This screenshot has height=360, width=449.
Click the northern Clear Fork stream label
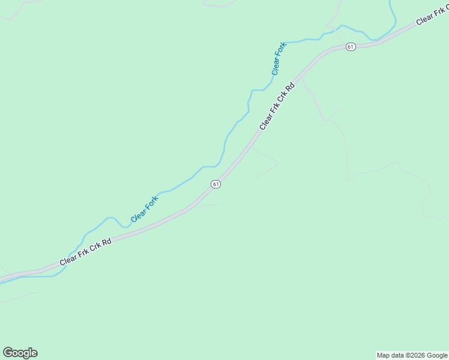point(279,58)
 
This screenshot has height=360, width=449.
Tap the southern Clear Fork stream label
point(144,209)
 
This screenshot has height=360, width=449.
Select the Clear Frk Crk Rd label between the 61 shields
point(277,106)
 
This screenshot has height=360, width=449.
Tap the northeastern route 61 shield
point(351,46)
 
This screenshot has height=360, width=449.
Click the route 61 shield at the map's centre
point(216,184)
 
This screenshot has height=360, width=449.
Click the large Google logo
point(20,353)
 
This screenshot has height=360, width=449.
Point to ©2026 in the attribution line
point(416,355)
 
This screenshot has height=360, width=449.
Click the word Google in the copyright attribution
point(438,355)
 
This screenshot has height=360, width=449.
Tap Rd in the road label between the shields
point(291,87)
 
